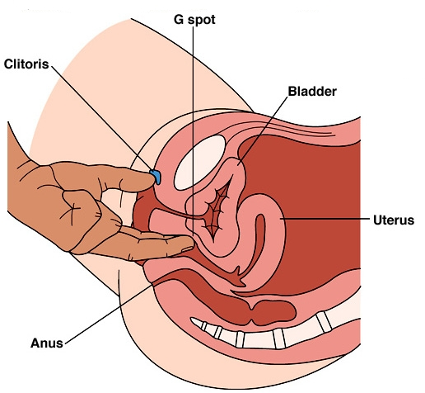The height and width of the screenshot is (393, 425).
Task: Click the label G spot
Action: point(194,20)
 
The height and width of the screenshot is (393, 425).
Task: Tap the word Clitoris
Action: point(26,64)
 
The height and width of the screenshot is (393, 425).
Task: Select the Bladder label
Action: point(312,92)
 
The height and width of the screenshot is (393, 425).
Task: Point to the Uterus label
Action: point(394,220)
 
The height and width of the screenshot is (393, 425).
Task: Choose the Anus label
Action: point(47,343)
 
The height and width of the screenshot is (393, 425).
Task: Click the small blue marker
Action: point(156,177)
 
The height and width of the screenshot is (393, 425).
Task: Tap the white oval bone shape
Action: point(200,163)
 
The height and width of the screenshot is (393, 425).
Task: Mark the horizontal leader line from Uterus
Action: point(325,219)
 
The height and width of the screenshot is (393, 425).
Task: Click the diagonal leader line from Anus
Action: point(108,315)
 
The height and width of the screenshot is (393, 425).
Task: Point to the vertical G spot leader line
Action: point(193,131)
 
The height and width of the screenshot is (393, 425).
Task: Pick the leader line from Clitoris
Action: point(102,118)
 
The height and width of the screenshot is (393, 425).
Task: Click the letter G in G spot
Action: point(179,19)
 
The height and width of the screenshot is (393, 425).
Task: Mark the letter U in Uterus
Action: point(377,220)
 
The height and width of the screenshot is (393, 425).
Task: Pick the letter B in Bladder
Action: point(292,92)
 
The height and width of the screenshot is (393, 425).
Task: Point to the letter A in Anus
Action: point(35,343)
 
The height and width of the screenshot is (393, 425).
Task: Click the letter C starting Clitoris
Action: point(9,64)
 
